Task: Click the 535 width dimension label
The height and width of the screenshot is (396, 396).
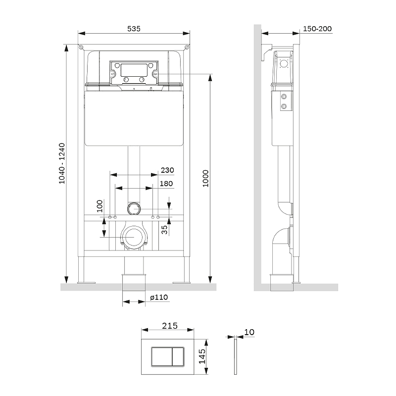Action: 134,29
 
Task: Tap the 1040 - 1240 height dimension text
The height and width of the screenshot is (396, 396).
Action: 62,163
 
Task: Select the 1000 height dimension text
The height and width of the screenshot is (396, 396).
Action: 205,179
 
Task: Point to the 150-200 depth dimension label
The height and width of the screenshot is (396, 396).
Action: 317,29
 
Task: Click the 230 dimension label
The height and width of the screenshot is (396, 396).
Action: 167,170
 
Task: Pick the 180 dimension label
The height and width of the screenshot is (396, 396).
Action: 166,184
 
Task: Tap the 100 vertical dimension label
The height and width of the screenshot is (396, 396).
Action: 100,206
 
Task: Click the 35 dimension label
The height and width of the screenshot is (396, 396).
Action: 164,230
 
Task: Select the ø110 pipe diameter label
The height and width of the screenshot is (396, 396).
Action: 159,297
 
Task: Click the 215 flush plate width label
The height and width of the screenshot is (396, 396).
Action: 170,326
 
